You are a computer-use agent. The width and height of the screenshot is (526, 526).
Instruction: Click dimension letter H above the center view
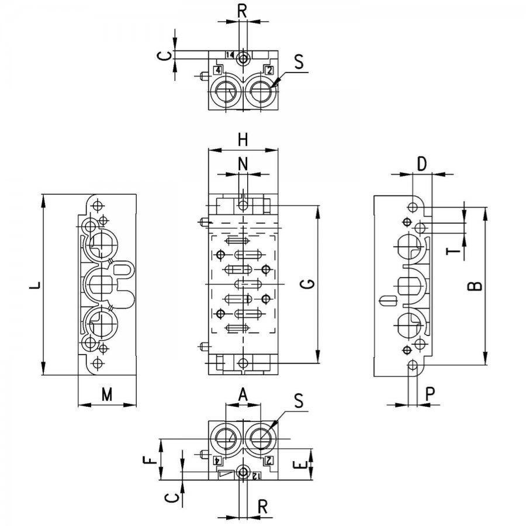[243, 140]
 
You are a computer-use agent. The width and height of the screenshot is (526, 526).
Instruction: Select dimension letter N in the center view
[243, 164]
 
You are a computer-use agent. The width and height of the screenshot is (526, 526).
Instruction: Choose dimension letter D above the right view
[421, 164]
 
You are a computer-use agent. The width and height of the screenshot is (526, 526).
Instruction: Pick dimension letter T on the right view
[453, 251]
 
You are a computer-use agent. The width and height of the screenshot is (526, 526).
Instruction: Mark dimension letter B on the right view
[475, 286]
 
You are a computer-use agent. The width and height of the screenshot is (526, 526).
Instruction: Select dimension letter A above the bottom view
[243, 395]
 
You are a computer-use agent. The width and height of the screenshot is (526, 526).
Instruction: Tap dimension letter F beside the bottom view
[151, 459]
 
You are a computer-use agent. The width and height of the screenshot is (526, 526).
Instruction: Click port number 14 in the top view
[230, 55]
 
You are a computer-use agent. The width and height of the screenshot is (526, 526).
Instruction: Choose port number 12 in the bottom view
[256, 476]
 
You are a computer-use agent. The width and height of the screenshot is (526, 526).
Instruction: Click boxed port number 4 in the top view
[218, 70]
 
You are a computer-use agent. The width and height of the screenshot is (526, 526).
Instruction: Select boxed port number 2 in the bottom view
[269, 461]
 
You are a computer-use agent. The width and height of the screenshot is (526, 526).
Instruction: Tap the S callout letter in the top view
[299, 62]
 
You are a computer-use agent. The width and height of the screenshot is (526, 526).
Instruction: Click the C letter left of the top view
[164, 56]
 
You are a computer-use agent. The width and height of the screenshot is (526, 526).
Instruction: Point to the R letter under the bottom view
[263, 507]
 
